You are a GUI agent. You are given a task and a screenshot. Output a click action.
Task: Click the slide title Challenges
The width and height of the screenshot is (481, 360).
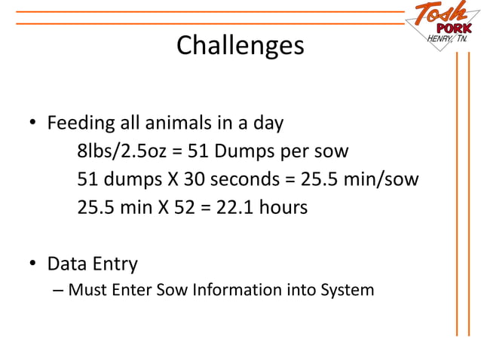pos(240,46)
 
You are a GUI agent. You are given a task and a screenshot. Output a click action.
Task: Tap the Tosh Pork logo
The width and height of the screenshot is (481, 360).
pos(440,22)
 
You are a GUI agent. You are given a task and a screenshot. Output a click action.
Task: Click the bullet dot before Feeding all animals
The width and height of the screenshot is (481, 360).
pos(33,124)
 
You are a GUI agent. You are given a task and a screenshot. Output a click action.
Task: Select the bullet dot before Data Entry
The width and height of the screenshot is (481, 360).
pos(33,265)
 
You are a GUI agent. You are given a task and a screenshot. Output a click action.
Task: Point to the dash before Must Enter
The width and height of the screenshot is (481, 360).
pos(59,289)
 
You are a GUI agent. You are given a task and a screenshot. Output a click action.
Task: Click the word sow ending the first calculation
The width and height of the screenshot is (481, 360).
pos(332,151)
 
